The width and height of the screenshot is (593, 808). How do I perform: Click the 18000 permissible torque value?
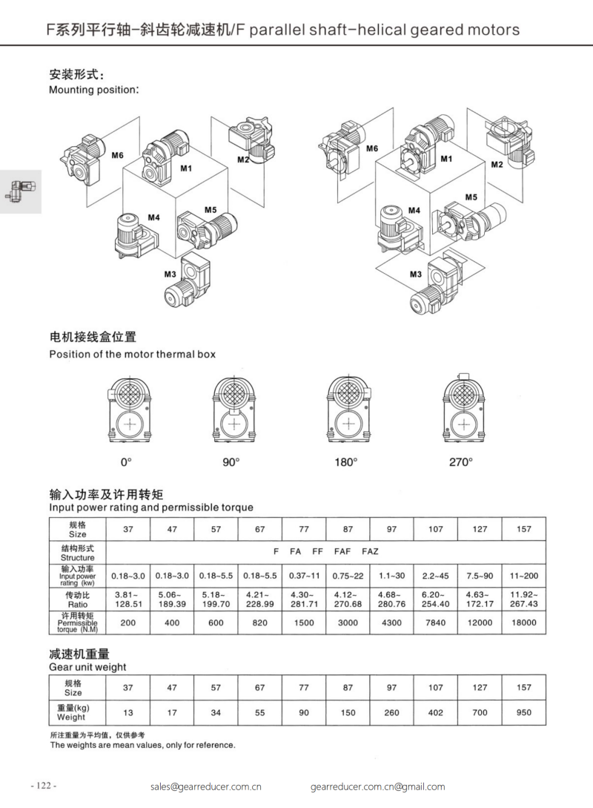click(x=523, y=623)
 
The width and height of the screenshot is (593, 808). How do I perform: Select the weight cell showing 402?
click(x=435, y=712)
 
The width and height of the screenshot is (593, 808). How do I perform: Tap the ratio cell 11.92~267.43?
click(x=523, y=599)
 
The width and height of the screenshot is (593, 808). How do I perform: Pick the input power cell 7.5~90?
click(x=480, y=575)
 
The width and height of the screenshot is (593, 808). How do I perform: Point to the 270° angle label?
click(x=460, y=462)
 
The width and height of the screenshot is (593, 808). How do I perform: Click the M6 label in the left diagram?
click(x=117, y=156)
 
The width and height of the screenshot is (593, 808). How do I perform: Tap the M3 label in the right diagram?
click(x=415, y=274)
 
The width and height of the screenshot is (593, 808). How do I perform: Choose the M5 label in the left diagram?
click(x=211, y=210)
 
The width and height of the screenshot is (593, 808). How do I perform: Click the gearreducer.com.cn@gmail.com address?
click(x=377, y=786)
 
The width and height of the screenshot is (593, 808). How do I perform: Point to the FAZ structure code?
click(x=370, y=552)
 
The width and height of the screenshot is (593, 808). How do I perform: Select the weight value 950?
click(x=523, y=712)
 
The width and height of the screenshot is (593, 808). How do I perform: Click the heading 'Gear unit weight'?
click(x=87, y=667)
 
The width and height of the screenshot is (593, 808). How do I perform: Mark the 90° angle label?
click(x=232, y=462)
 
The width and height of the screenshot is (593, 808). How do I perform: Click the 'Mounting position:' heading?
click(x=94, y=90)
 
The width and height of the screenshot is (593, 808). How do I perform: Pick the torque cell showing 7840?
click(x=435, y=623)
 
